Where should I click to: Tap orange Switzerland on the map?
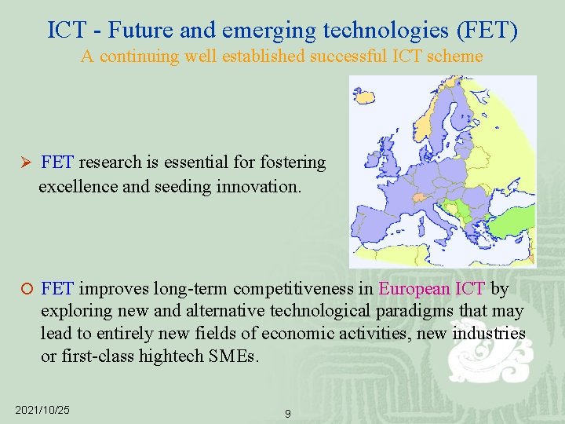click(x=419, y=198)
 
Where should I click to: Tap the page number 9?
click(x=288, y=413)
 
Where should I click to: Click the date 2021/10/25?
click(x=42, y=410)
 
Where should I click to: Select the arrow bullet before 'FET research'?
click(x=24, y=163)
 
